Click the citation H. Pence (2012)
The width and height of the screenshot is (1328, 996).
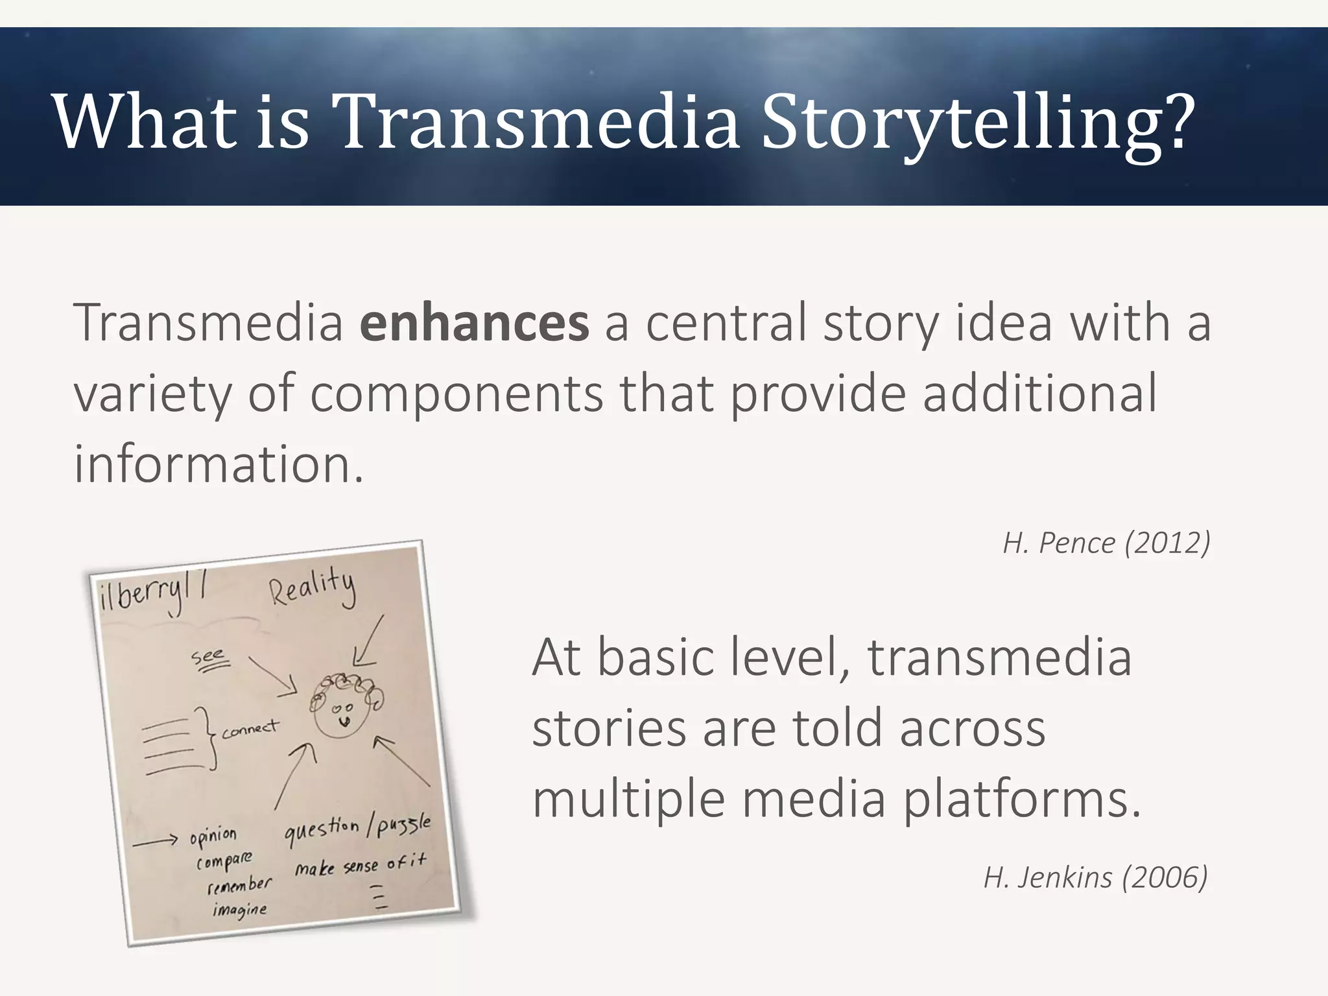click(1106, 543)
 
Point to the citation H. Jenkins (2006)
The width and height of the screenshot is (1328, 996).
click(1095, 877)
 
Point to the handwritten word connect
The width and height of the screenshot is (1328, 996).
click(250, 729)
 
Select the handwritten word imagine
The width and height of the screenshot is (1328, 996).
click(239, 909)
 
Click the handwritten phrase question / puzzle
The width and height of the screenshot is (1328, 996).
click(357, 830)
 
